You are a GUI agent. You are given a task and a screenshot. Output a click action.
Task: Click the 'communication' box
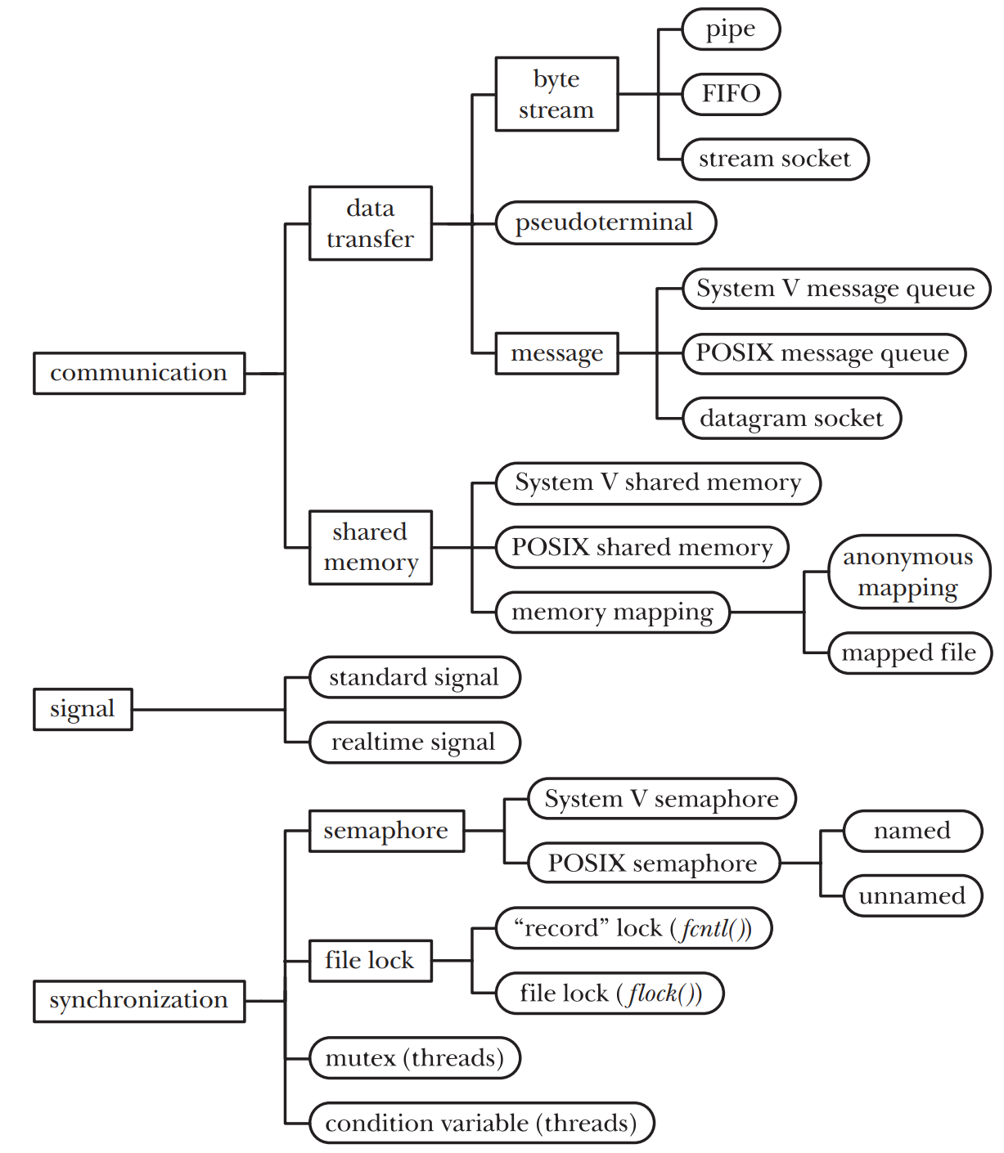(x=139, y=373)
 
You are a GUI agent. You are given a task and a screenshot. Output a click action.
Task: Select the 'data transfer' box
(x=370, y=223)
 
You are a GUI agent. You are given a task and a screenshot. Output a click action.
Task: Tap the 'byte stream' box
(x=556, y=94)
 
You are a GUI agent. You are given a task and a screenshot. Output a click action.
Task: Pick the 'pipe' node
(x=731, y=29)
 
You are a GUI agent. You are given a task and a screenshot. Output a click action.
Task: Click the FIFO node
(x=731, y=94)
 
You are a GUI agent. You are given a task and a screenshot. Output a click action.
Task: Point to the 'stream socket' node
(x=774, y=159)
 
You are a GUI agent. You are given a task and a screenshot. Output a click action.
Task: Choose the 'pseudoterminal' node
(x=605, y=222)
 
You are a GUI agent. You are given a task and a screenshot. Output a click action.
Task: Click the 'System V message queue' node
(x=835, y=289)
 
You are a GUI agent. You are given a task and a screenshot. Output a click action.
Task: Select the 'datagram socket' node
(x=791, y=419)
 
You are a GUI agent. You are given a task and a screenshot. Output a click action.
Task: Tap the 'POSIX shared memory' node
(x=642, y=547)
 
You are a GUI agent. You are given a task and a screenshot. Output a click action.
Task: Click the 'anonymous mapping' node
(x=908, y=572)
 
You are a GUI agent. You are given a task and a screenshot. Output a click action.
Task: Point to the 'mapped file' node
(x=909, y=653)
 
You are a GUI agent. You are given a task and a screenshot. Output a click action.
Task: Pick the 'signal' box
(x=83, y=709)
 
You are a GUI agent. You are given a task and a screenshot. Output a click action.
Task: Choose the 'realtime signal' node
(x=414, y=742)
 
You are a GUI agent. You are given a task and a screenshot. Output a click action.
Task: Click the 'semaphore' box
(x=386, y=831)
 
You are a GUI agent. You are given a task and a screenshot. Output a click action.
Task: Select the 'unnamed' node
(x=912, y=895)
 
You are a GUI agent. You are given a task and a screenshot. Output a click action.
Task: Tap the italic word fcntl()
(x=715, y=929)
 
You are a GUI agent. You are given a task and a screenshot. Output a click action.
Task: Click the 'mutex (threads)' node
(x=414, y=1058)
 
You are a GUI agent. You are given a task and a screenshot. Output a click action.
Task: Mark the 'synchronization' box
(x=139, y=1001)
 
